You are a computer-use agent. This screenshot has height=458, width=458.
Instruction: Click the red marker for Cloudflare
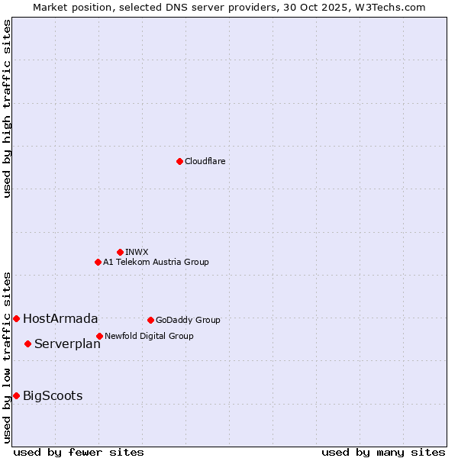(x=179, y=161)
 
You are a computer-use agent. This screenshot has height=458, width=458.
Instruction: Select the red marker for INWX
(x=120, y=252)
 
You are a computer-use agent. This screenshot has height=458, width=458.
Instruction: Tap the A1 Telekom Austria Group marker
(x=98, y=262)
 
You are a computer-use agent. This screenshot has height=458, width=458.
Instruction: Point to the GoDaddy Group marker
(x=150, y=320)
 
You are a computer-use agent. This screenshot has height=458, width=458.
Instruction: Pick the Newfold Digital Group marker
(x=99, y=336)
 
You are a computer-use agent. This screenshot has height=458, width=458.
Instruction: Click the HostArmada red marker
(x=16, y=318)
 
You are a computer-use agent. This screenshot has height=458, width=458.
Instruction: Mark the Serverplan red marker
(x=27, y=343)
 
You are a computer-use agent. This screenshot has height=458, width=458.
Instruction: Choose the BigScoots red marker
(x=16, y=395)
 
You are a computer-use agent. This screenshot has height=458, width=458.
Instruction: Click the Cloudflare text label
(x=205, y=161)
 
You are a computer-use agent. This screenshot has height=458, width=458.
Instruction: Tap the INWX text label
(x=137, y=252)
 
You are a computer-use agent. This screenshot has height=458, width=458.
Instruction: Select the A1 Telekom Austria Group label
(x=156, y=262)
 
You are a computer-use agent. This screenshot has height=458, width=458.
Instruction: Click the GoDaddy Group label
(x=188, y=320)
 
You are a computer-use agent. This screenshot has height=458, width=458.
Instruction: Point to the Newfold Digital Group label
(x=149, y=336)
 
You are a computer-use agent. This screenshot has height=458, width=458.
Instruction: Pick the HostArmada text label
(x=60, y=318)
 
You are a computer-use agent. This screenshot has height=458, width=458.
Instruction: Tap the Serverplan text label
(x=67, y=343)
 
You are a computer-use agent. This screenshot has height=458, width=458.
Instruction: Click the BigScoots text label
(x=53, y=395)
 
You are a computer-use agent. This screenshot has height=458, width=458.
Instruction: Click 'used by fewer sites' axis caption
(x=79, y=452)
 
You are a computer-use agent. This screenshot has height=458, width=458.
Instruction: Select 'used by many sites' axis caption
(x=383, y=452)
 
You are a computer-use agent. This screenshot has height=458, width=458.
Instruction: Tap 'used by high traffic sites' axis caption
(x=7, y=108)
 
